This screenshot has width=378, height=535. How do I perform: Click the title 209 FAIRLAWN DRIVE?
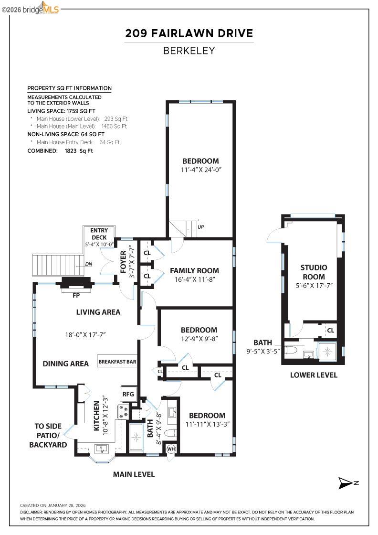pos(189,33)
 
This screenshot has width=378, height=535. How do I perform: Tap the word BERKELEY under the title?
pos(189,51)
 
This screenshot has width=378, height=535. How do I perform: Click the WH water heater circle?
pos(170,449)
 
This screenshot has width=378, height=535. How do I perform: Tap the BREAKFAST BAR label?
pos(117,362)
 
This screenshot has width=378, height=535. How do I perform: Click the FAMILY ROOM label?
pos(194,271)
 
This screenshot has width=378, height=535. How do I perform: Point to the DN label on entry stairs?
pos(88,264)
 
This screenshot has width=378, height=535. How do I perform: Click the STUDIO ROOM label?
pos(314,272)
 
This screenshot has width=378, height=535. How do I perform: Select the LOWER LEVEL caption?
pos(314,375)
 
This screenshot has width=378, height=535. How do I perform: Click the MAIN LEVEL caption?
pos(134,474)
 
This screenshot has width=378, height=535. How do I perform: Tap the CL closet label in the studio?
pos(330,330)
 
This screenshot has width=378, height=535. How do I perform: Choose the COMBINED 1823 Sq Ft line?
pos(60,150)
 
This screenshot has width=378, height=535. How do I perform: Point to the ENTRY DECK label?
pos(99,234)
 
